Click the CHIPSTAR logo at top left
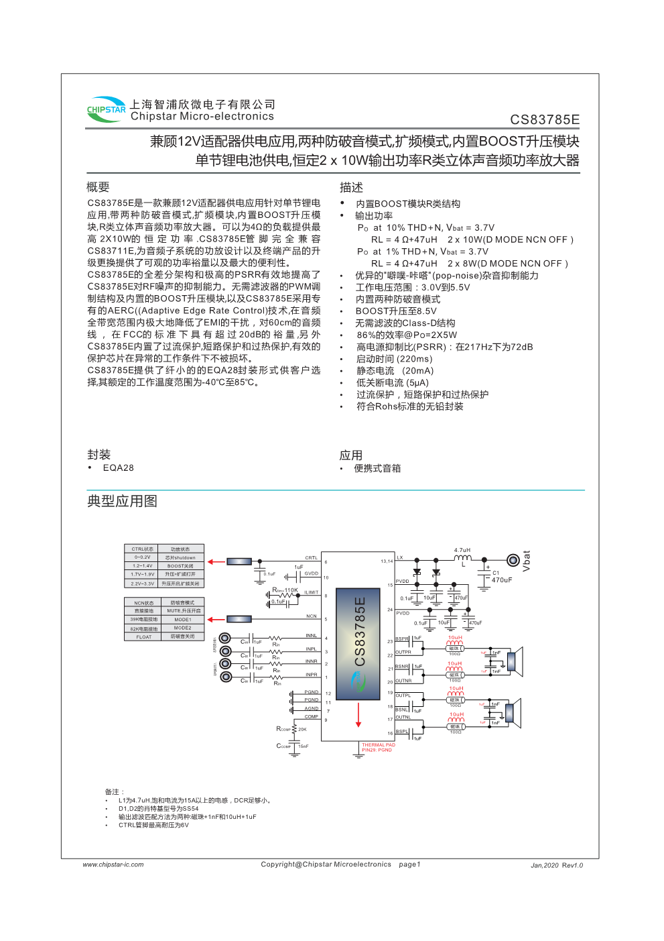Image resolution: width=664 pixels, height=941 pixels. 106,109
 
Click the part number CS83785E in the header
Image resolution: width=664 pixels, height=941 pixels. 544,120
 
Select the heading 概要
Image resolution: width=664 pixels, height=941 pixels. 98,187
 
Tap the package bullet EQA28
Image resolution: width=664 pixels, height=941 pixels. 118,468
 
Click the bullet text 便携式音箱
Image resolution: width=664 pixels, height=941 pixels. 377,469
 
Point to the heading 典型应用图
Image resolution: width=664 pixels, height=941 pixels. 122,501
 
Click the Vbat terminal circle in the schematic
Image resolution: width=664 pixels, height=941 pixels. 513,560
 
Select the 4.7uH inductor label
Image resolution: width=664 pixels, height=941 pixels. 462,551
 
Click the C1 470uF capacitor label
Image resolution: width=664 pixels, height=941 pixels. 502,577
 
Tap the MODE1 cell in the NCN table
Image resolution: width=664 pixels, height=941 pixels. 182,620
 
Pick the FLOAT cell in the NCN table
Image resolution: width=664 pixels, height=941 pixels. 144,637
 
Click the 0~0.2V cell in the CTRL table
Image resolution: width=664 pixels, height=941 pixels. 142,557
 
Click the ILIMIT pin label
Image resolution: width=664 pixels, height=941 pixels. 312,593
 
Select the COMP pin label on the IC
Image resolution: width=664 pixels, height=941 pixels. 312,717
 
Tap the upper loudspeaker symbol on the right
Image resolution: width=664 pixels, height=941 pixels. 513,661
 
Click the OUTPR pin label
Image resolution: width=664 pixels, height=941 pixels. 403,652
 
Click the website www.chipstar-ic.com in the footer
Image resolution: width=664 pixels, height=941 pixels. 113,865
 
